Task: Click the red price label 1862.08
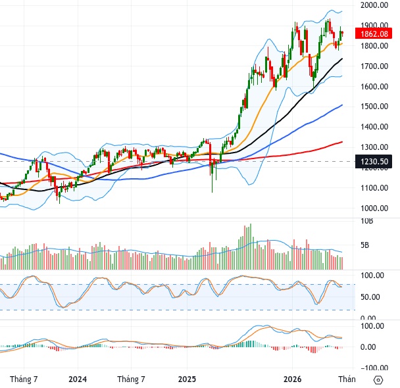click(374, 34)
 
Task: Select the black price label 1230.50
click(374, 162)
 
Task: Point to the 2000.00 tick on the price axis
click(374, 5)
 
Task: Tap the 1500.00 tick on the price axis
click(374, 107)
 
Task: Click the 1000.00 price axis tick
click(374, 208)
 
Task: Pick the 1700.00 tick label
click(374, 66)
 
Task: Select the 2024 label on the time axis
click(78, 379)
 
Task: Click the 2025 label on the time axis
click(187, 379)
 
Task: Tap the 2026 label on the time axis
click(292, 379)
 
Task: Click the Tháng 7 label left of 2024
click(24, 379)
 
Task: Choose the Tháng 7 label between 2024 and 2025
click(131, 379)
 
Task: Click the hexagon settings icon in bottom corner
click(378, 380)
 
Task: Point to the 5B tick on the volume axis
click(364, 245)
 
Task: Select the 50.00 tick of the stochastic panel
click(370, 297)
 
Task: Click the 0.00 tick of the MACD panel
click(368, 347)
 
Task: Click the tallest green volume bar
click(251, 247)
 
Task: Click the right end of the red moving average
click(342, 142)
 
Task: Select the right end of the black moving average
click(342, 59)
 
